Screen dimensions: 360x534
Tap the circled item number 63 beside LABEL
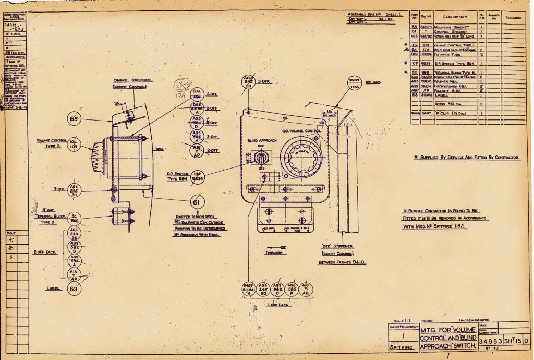pyautogui.click(x=74, y=288)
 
